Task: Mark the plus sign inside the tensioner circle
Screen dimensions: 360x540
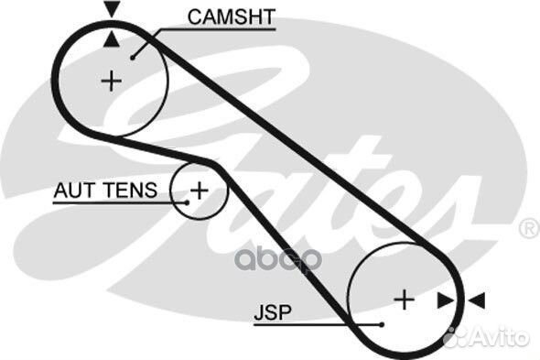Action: coord(199,191)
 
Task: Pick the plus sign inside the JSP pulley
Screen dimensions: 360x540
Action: coord(404,299)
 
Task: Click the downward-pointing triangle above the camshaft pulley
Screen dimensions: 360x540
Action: coord(111,10)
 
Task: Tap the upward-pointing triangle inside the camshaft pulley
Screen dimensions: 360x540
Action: coord(111,38)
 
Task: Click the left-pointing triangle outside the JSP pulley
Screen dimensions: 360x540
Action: coord(476,300)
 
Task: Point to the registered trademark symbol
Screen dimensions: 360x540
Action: coord(528,228)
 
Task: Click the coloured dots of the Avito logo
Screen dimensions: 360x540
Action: coord(456,337)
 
